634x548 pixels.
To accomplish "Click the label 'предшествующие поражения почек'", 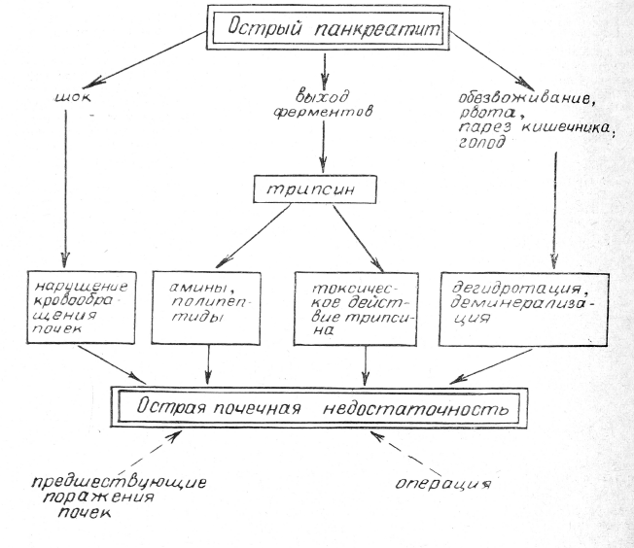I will point(106,495).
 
